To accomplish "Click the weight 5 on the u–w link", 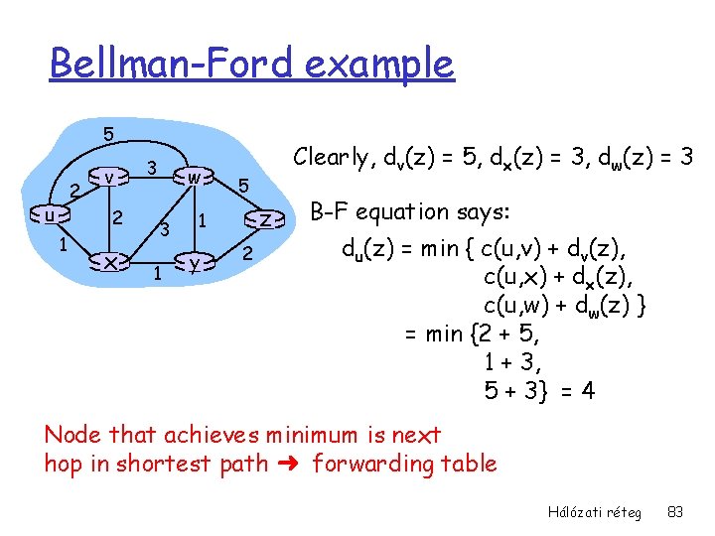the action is tap(108, 133).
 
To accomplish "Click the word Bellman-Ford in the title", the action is tap(171, 65).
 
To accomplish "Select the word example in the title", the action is tap(379, 65).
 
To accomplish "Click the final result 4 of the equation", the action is tap(588, 390).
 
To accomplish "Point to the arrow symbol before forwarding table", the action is tap(294, 464).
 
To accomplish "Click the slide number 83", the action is tap(675, 512).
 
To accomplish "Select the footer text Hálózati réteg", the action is tap(594, 512).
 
